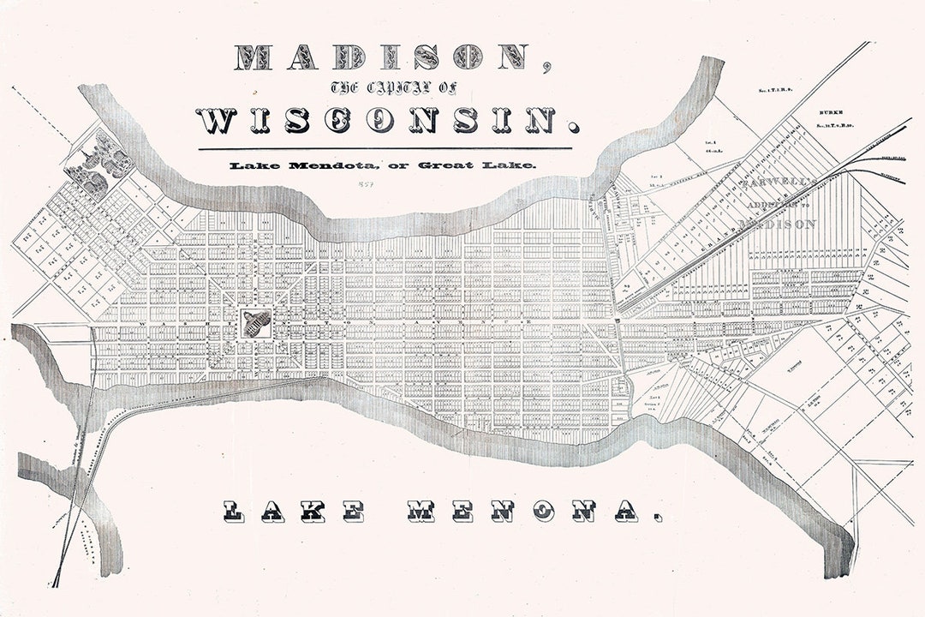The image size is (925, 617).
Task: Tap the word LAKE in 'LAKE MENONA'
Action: pos(295,512)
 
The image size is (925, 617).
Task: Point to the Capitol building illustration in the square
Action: pos(256,323)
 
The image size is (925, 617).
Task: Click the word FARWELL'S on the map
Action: pos(776,183)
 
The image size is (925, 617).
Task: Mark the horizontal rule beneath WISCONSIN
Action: pos(384,149)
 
